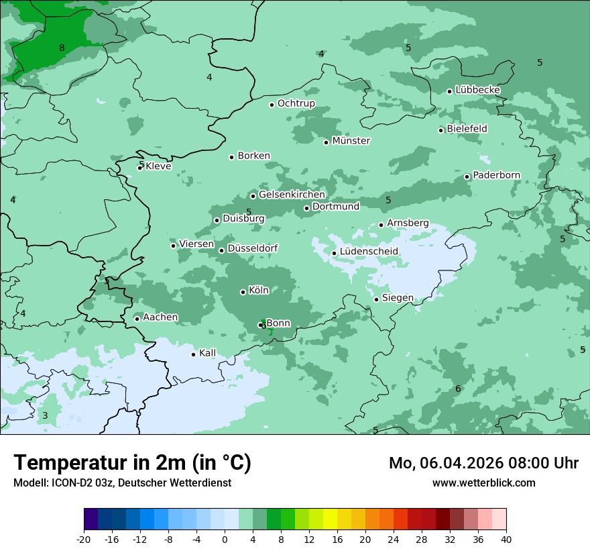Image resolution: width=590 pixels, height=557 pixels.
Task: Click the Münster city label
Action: [x=351, y=141]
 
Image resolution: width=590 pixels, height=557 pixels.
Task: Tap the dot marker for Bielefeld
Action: [x=441, y=130]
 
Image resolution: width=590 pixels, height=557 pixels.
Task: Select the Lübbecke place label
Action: [x=477, y=90]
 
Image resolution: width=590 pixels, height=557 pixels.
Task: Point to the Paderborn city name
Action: [x=496, y=175]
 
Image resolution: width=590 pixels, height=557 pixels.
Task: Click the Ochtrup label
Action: [x=296, y=103]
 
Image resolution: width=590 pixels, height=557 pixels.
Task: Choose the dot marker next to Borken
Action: [x=232, y=157]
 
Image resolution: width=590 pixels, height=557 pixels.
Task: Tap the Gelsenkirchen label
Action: [x=292, y=195]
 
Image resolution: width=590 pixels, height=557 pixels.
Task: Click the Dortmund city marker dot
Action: [x=307, y=208]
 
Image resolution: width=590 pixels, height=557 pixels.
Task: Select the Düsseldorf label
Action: [x=253, y=248]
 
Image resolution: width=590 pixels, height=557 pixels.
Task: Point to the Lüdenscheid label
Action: [x=369, y=252]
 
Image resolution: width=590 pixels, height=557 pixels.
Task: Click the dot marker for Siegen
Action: [x=377, y=299]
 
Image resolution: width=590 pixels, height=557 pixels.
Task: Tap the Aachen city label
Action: [x=160, y=317]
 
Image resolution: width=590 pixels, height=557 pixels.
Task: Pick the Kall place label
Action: [x=207, y=353]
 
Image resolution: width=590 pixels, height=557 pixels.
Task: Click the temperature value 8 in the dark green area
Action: [x=62, y=48]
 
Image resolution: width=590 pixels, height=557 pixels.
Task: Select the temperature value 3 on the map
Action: [x=45, y=415]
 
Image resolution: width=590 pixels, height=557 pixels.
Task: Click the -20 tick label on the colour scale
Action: [x=84, y=539]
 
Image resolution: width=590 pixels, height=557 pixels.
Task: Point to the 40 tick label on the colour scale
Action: [x=506, y=539]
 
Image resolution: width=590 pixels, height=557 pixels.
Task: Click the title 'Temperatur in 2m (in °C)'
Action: [x=132, y=463]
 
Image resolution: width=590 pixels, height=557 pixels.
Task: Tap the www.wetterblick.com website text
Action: [x=483, y=483]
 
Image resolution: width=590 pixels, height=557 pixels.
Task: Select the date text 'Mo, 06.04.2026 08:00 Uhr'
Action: [x=483, y=463]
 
